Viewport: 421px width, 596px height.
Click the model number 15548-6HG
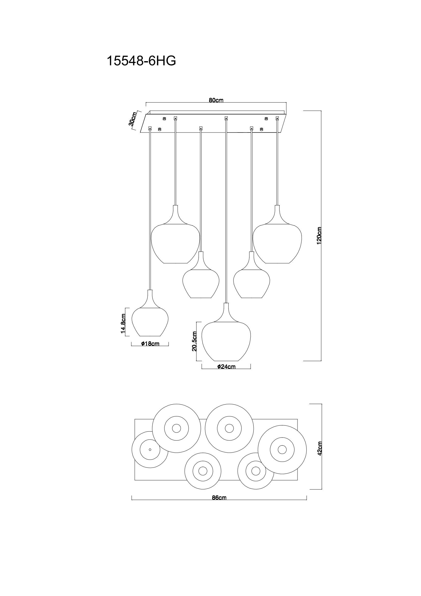[x=141, y=61]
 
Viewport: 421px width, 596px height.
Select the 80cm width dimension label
[x=216, y=100]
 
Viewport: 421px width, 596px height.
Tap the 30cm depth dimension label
[x=132, y=119]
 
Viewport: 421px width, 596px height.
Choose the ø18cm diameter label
[x=150, y=344]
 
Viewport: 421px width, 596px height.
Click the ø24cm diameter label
[x=226, y=366]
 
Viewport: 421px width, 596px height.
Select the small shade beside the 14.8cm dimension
[x=150, y=322]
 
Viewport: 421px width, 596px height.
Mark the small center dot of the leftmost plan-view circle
[x=150, y=449]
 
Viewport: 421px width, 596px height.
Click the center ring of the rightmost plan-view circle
[x=282, y=449]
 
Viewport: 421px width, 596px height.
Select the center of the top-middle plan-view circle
[x=229, y=428]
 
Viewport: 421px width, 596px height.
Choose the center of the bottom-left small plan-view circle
[x=202, y=470]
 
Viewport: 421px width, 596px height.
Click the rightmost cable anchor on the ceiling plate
[x=277, y=118]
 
